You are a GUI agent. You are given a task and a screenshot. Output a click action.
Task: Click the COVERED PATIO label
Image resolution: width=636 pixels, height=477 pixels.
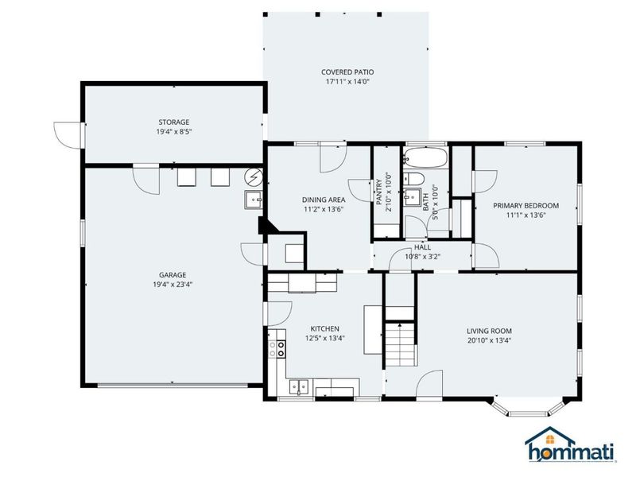[347, 72]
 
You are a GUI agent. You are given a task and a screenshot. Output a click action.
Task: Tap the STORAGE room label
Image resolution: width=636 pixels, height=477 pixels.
[173, 122]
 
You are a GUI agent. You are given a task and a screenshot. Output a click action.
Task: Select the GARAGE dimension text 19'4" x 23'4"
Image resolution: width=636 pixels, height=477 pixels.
[173, 285]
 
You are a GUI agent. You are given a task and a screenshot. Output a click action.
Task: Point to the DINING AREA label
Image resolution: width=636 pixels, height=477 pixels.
[324, 200]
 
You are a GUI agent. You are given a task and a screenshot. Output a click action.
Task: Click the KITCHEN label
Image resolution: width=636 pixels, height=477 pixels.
[324, 328]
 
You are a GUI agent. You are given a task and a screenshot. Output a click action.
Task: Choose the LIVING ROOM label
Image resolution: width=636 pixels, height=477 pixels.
[489, 331]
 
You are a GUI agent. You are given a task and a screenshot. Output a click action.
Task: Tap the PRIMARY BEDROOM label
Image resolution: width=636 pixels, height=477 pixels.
[525, 206]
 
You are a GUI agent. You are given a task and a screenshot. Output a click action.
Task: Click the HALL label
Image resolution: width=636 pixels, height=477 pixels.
[422, 247]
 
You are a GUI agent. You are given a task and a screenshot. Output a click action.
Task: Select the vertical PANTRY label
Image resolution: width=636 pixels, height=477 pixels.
[378, 192]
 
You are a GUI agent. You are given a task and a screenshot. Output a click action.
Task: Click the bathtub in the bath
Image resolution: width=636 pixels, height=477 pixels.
[425, 157]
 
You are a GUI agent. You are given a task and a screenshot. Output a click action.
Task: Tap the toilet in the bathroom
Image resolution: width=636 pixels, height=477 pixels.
[413, 179]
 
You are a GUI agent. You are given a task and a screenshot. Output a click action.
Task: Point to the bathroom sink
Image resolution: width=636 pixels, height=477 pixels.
[413, 197]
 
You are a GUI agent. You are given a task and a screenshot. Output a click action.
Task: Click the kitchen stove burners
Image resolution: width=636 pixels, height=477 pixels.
[277, 349]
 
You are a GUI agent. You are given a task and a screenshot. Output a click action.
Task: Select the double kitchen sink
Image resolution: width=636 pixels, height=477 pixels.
[299, 386]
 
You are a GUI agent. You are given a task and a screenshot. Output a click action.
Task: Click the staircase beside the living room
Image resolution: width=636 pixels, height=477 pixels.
[400, 344]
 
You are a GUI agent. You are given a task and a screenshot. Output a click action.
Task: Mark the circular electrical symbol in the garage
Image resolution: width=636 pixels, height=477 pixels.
[254, 176]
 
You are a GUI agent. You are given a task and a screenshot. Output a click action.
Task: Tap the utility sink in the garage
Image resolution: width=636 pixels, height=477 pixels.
[254, 200]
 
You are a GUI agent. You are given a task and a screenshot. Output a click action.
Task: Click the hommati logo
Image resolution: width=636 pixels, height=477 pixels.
[569, 444]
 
